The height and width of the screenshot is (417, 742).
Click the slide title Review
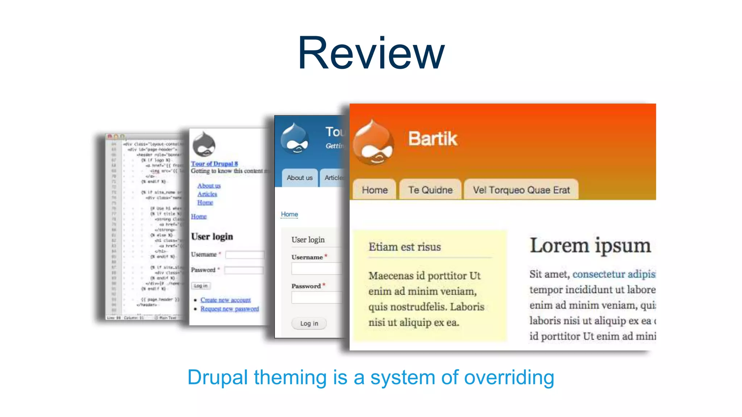click(371, 54)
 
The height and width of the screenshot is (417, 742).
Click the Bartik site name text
click(433, 139)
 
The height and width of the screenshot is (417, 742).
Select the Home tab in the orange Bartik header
click(375, 190)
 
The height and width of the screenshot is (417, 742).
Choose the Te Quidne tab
click(430, 190)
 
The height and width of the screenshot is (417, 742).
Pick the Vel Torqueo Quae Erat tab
click(521, 190)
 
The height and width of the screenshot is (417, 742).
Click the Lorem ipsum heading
click(590, 246)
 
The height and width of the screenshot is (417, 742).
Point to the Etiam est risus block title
click(404, 247)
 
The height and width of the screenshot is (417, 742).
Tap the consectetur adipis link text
click(614, 274)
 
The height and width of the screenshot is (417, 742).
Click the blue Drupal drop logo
click(295, 139)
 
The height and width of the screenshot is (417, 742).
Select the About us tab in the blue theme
click(299, 178)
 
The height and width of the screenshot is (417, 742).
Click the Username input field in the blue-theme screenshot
click(316, 269)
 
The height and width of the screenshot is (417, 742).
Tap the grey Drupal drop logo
click(204, 144)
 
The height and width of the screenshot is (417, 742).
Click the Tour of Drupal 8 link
click(214, 164)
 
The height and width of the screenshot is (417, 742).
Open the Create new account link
click(225, 300)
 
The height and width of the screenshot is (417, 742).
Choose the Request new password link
click(229, 309)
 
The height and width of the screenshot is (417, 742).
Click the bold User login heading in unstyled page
click(212, 237)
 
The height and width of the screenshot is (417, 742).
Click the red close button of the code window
click(110, 136)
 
